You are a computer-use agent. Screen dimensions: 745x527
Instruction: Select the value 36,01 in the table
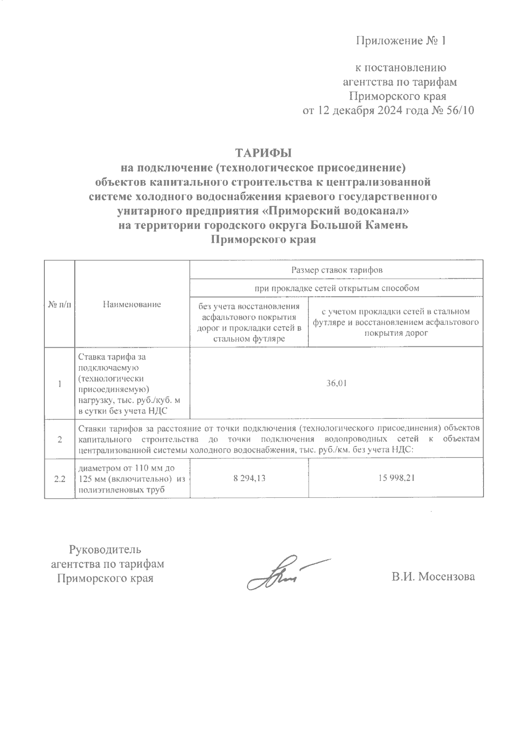336,383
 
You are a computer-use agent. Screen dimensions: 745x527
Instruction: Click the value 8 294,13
249,478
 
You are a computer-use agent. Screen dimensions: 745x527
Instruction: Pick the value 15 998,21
396,478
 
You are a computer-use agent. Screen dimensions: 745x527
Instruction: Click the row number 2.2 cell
59,479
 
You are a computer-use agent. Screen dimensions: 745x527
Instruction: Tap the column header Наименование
132,304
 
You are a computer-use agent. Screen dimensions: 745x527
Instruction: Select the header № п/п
59,304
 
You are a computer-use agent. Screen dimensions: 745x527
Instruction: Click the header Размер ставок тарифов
336,270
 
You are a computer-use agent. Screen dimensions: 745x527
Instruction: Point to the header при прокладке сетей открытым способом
336,288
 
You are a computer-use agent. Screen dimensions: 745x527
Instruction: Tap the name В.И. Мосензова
433,576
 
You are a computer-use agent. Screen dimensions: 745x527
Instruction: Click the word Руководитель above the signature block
105,549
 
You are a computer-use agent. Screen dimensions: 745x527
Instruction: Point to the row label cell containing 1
59,383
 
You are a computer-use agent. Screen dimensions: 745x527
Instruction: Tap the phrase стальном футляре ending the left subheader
249,338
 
